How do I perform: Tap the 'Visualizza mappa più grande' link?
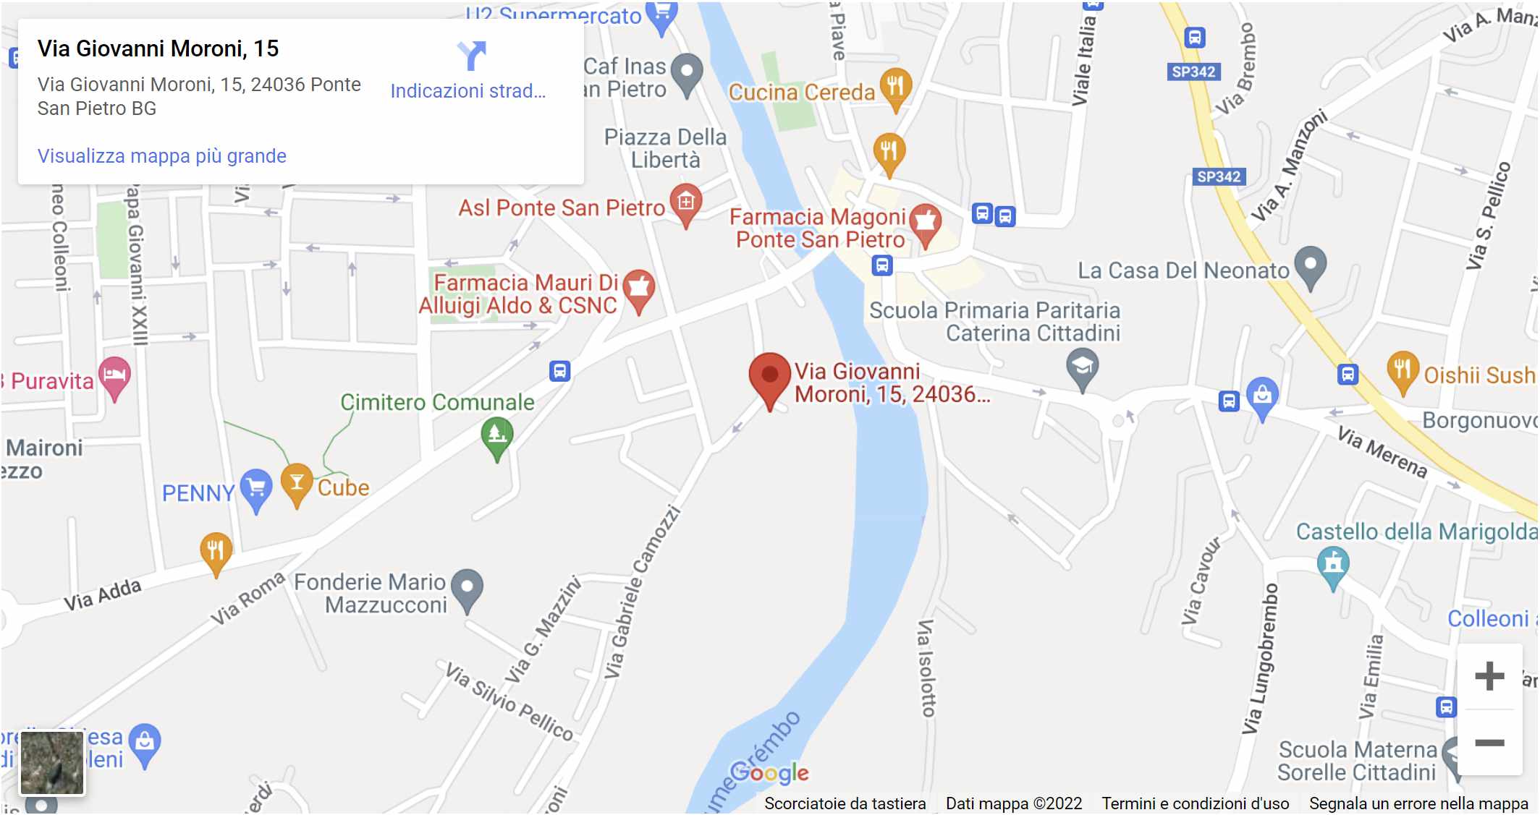(162, 156)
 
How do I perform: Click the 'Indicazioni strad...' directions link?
(468, 91)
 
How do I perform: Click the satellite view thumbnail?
(52, 762)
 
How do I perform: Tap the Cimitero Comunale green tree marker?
(497, 435)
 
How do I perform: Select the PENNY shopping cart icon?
(256, 488)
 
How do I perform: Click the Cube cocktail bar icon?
(297, 483)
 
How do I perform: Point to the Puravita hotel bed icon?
(114, 375)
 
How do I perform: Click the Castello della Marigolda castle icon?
(1333, 564)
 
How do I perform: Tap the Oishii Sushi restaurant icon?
(1402, 370)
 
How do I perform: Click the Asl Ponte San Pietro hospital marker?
(686, 202)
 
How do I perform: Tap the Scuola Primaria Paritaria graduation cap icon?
(1082, 367)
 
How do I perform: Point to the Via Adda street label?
(102, 595)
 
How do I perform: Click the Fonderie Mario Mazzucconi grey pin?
(467, 587)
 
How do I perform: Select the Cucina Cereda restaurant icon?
(895, 86)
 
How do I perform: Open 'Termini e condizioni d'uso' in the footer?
(1195, 803)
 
